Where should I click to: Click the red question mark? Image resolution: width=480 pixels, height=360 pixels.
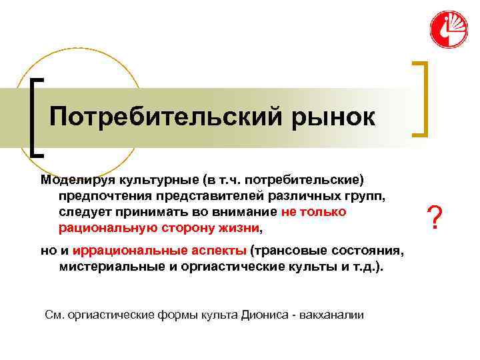[435, 217]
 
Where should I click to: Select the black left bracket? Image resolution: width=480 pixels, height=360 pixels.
[37, 117]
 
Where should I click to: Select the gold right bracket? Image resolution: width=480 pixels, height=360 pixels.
[419, 99]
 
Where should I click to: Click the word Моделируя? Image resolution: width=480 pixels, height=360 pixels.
[73, 179]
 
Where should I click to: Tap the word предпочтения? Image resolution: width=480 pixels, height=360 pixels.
[101, 195]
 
